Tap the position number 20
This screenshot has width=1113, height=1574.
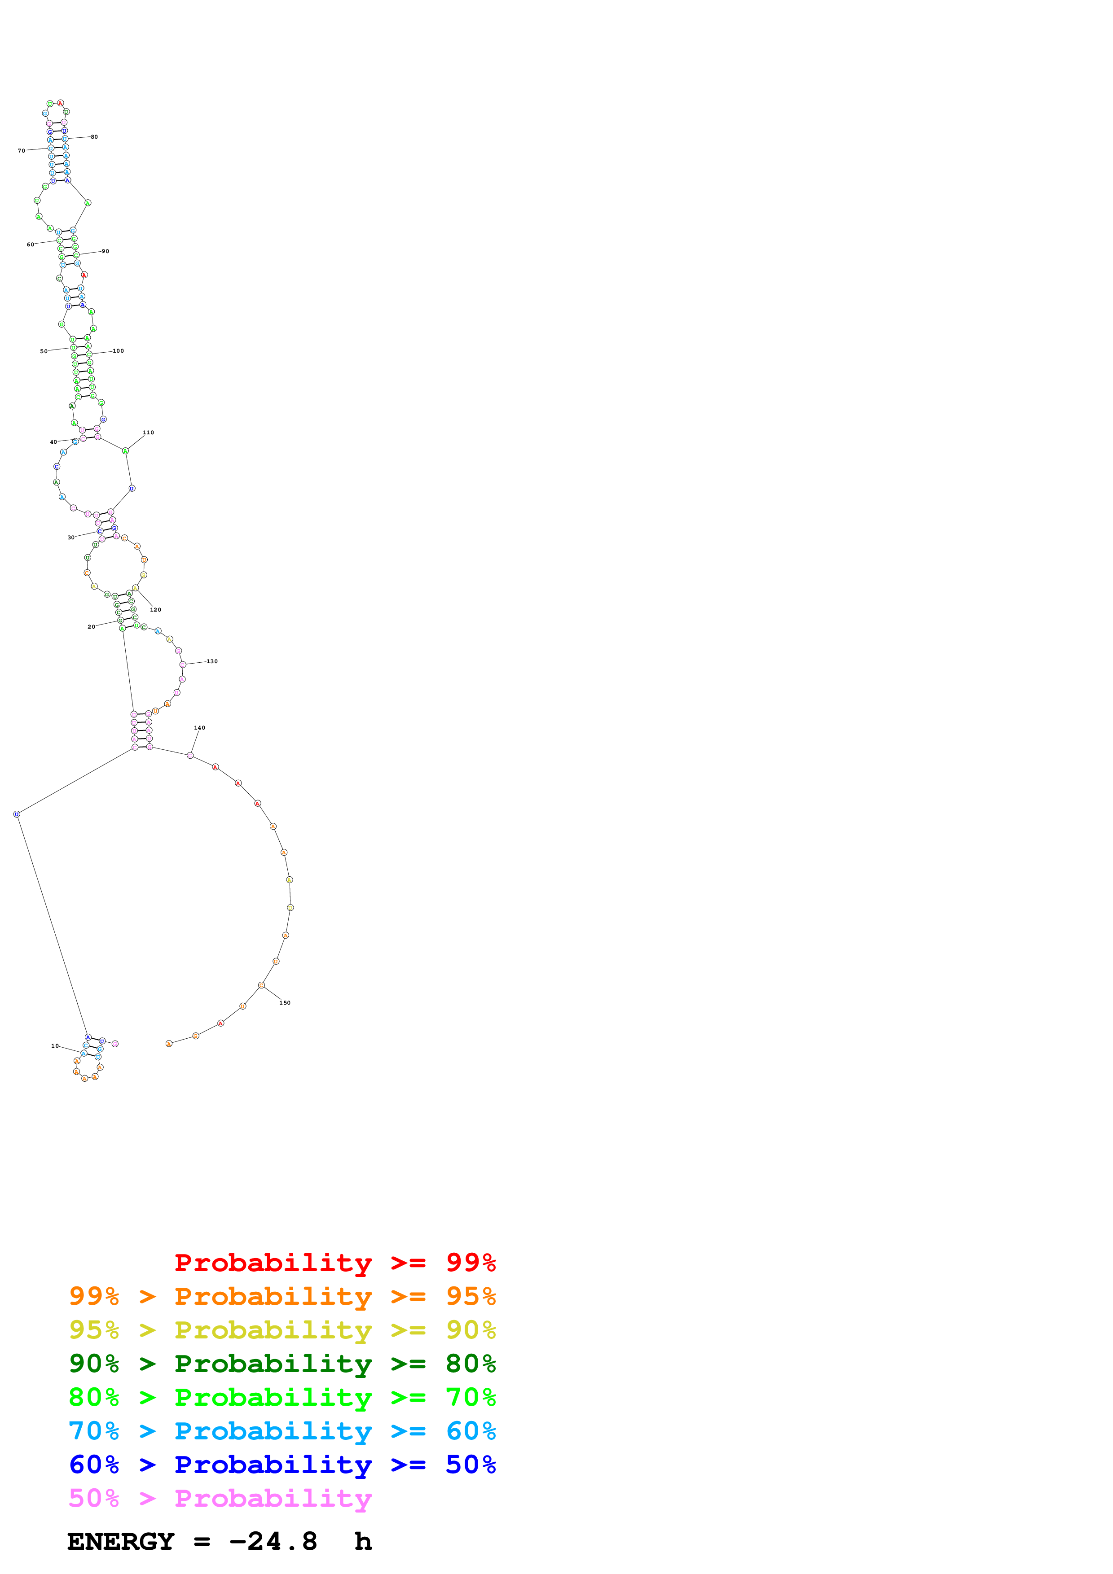coord(91,626)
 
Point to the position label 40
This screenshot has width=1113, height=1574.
coord(53,442)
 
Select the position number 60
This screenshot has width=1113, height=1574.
coord(30,245)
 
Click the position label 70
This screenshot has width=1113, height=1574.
coord(21,151)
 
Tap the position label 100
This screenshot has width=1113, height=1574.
coord(118,351)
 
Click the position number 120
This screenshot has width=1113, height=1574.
coord(156,609)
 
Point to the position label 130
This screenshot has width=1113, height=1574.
coord(212,661)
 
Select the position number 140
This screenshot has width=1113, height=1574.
coord(199,728)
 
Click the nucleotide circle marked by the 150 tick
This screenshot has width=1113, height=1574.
coord(261,985)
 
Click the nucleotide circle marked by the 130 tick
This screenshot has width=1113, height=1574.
coord(182,665)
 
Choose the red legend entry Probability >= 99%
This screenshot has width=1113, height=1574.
coord(334,1262)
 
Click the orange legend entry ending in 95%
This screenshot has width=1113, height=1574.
coord(282,1296)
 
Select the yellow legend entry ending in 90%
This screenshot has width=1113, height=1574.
coord(282,1330)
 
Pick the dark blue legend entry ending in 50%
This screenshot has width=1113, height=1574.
coord(282,1465)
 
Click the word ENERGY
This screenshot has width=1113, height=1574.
coord(121,1541)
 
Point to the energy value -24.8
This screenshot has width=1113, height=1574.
coord(273,1541)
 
